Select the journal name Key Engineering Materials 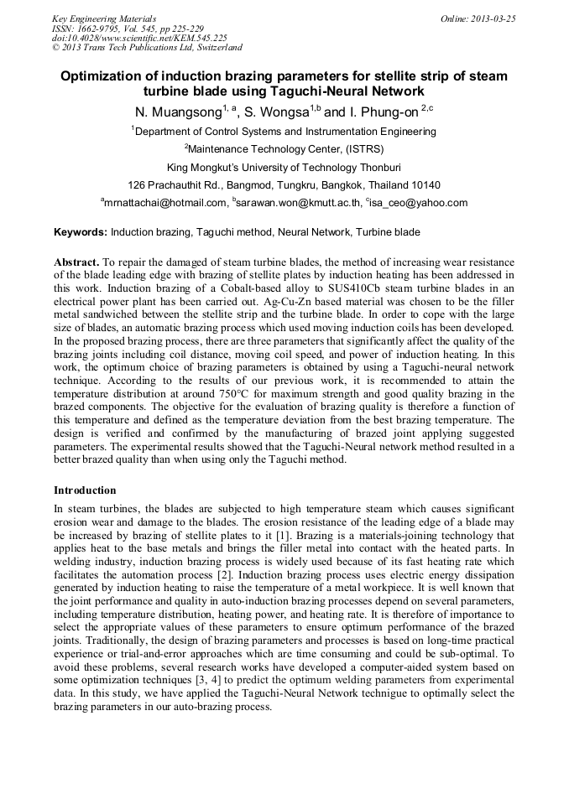[x=104, y=18]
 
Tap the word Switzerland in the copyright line [x=216, y=48]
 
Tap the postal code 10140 [x=421, y=184]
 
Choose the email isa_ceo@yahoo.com [x=419, y=203]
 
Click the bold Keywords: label [x=81, y=231]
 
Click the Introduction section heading [x=85, y=490]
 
